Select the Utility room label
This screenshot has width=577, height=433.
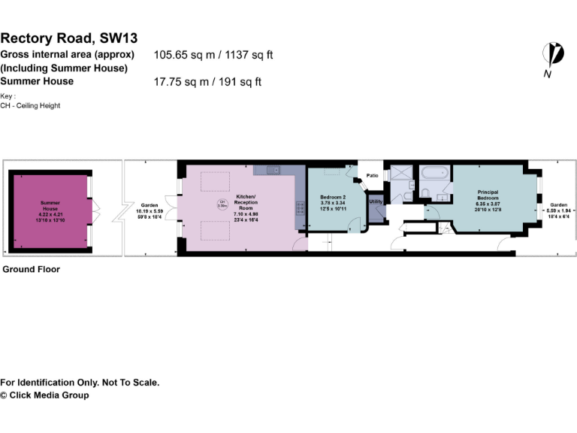[376, 201]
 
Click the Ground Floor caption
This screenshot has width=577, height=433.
[31, 268]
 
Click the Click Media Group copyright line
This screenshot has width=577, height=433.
[44, 395]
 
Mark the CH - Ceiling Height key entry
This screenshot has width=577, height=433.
[30, 106]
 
